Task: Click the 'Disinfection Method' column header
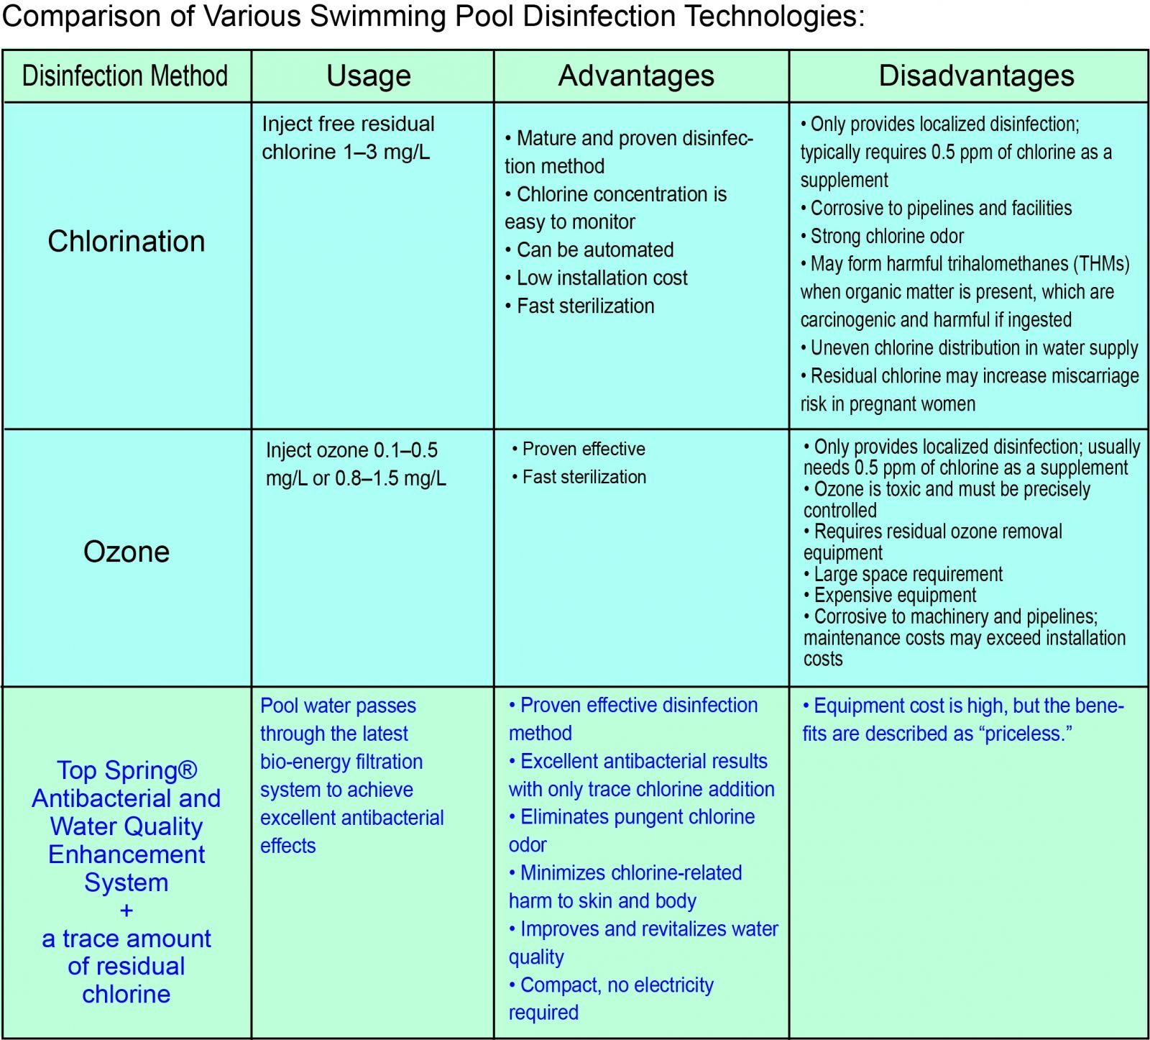pos(125,76)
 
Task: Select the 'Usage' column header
pos(369,76)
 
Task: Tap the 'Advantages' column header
pos(636,76)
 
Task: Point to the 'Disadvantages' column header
pos(976,76)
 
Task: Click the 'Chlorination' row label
pos(126,242)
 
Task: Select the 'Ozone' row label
pos(126,552)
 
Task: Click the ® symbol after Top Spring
pos(187,770)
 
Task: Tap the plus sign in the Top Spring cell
pos(126,911)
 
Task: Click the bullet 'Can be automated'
pos(595,250)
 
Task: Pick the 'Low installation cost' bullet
pos(602,278)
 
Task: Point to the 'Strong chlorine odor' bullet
pos(887,236)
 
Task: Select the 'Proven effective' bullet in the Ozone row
pos(583,449)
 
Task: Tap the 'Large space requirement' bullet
pos(908,574)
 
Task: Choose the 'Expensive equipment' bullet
pos(895,596)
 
